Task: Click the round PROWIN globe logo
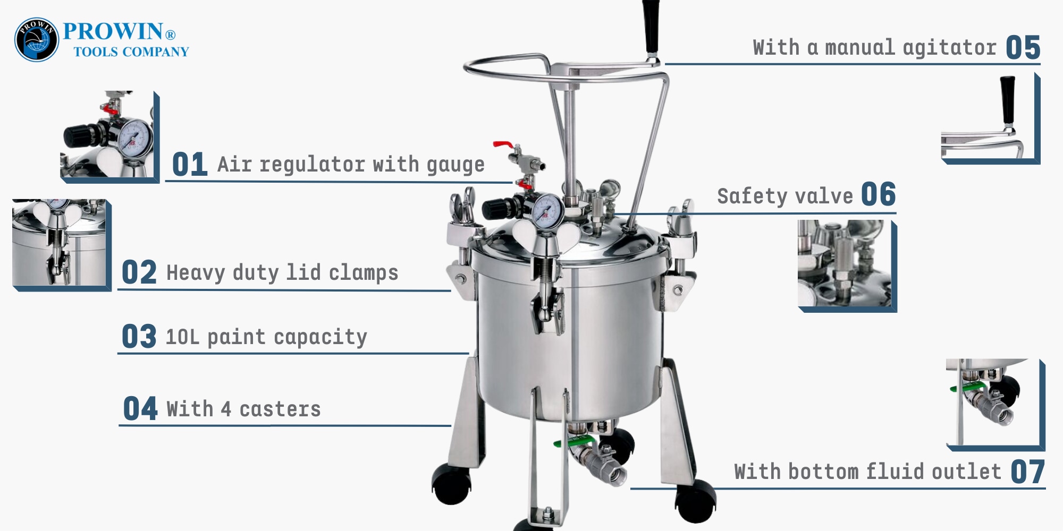click(x=37, y=40)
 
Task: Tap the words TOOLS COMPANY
click(x=131, y=52)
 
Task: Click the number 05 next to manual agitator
click(x=1023, y=48)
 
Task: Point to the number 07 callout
click(x=1028, y=472)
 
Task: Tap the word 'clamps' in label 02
click(x=364, y=273)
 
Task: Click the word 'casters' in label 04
click(x=280, y=409)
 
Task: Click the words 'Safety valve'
click(x=785, y=196)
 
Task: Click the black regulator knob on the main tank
click(x=494, y=209)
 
